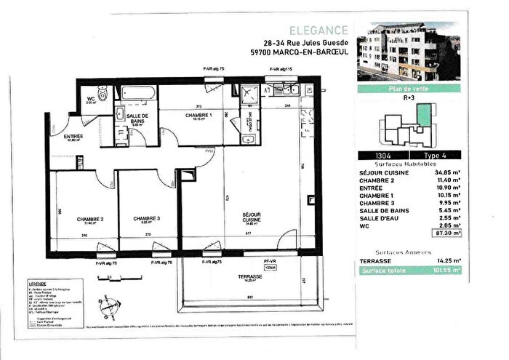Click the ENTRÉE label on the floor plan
point(73,136)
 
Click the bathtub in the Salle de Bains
point(138,95)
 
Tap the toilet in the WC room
point(105,94)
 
